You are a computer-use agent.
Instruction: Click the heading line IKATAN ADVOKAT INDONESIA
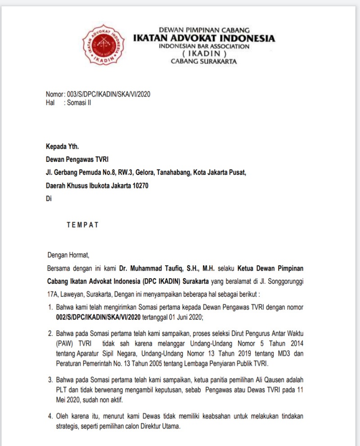204,38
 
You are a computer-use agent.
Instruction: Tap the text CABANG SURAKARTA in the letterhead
204,62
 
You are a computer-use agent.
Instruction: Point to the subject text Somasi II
79,103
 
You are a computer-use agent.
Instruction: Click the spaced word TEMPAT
82,225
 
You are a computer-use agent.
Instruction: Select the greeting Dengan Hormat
68,255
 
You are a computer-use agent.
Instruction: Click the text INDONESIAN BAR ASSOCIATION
204,46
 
